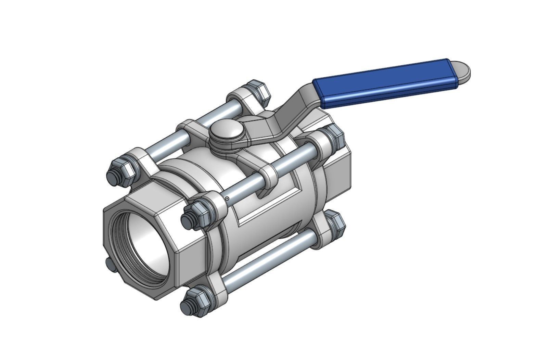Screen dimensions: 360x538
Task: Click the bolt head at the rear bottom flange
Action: (x=334, y=222)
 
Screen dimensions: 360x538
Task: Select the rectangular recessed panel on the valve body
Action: (x=270, y=205)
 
